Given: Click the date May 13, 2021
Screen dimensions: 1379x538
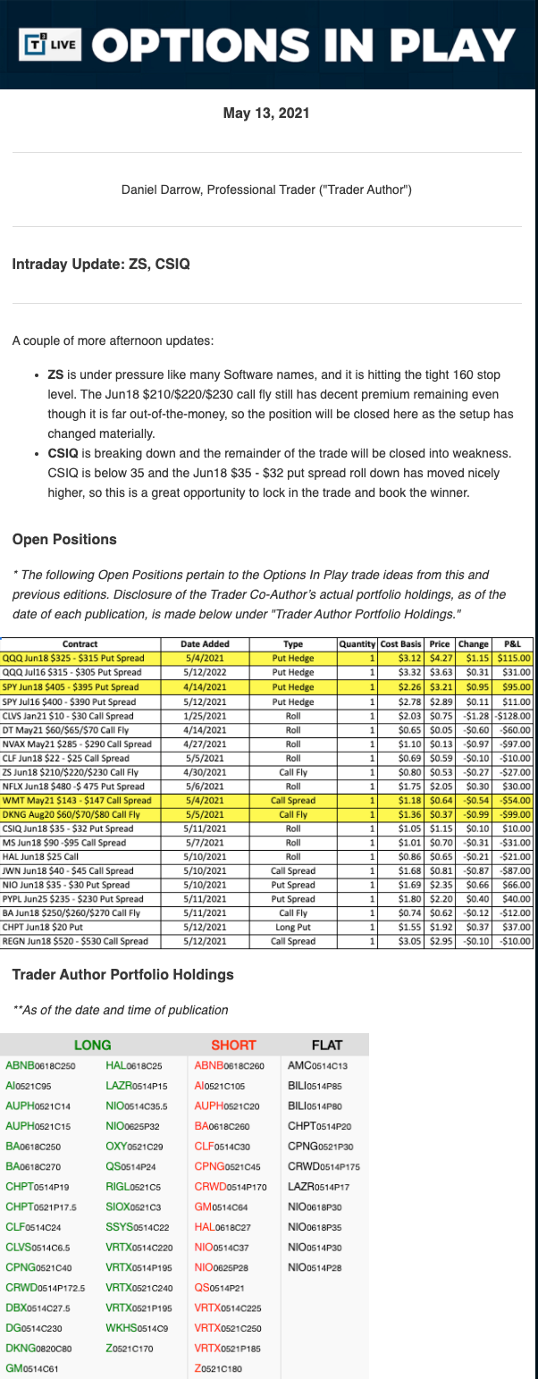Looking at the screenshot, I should (x=268, y=114).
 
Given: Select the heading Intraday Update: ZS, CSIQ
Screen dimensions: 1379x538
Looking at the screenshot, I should (x=101, y=265).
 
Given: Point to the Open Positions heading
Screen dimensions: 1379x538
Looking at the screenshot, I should (x=64, y=539).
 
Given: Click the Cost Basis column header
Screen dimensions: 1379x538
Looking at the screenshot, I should (x=399, y=643).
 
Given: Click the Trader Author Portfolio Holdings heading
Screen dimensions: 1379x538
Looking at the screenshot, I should (x=123, y=975).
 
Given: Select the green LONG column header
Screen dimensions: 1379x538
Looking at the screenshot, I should (x=91, y=1045).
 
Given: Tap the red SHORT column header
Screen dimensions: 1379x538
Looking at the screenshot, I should (x=233, y=1045).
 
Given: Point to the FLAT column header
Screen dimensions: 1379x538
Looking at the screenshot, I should (x=326, y=1045).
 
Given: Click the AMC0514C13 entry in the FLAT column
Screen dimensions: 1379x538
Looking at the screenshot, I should (x=316, y=1065).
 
